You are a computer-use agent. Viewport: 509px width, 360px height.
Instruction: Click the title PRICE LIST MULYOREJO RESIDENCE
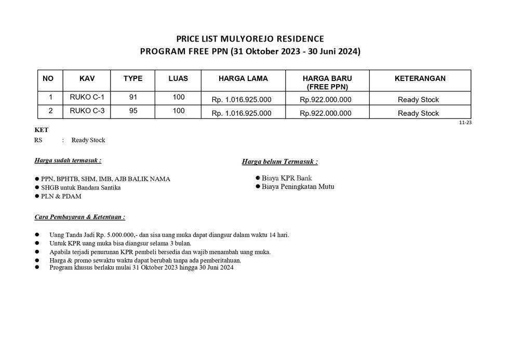250,39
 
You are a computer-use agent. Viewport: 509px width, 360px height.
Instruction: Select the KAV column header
87,78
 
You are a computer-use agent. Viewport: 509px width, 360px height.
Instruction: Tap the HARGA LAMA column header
243,78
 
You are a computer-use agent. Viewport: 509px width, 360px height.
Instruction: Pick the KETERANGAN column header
420,78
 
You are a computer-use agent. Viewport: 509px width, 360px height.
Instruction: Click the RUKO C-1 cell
87,97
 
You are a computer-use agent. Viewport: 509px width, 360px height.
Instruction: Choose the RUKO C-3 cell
87,111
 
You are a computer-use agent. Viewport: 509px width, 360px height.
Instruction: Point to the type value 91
133,97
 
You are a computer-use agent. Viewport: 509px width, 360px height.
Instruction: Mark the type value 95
133,111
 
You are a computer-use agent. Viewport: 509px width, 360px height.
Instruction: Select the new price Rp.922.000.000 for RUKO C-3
326,113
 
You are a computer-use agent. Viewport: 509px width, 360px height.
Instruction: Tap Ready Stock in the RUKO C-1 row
418,100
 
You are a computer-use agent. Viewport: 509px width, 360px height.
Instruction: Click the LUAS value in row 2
178,111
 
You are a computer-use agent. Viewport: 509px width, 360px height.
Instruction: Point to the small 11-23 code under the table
465,123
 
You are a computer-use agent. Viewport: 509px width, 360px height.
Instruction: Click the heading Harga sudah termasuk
68,161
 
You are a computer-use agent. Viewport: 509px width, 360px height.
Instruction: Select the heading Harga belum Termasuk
280,162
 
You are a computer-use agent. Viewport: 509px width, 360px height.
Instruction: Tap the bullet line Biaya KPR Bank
287,178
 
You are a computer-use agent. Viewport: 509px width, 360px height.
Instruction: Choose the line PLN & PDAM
61,196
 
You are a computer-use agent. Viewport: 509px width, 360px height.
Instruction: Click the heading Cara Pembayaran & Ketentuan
79,217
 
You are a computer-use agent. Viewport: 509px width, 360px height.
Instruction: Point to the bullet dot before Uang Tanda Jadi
37,235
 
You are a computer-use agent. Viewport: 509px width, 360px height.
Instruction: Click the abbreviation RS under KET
38,140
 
